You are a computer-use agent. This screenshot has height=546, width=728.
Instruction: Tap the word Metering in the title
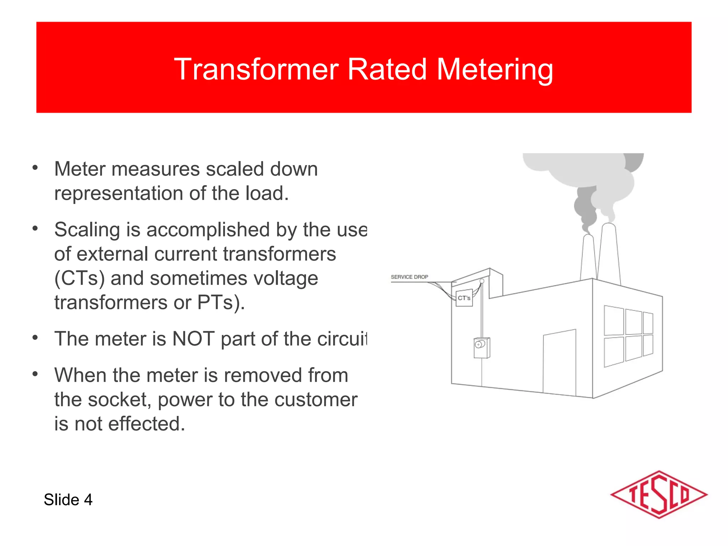point(494,70)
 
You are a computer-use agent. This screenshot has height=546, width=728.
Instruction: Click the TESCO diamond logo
point(659,494)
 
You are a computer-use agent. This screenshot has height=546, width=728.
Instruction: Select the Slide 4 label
point(68,500)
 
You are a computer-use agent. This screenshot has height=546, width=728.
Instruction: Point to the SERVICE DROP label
point(409,277)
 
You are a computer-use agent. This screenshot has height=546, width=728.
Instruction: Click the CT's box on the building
point(464,298)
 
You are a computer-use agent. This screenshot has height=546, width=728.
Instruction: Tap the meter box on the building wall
point(482,348)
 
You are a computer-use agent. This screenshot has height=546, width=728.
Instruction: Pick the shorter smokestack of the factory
point(588,258)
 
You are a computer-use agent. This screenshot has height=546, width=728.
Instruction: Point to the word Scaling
point(87,230)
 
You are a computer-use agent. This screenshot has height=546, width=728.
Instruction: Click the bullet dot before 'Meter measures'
point(35,168)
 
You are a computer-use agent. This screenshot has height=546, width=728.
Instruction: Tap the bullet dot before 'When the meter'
point(35,374)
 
